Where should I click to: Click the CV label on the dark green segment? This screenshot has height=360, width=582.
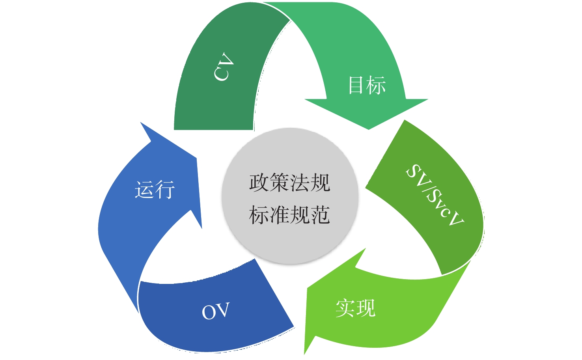[x=224, y=67]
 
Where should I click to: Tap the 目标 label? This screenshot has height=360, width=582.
[x=367, y=85]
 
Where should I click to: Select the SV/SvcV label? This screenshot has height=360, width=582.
[x=435, y=195]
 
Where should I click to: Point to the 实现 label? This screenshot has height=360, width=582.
[x=356, y=308]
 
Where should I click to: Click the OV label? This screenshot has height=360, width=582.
[x=216, y=311]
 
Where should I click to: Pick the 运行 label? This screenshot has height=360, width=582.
[x=155, y=190]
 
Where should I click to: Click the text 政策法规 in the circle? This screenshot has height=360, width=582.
[x=290, y=183]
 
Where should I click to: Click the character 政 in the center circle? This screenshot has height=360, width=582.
[x=259, y=183]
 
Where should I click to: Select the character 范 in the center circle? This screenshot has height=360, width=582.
[x=321, y=215]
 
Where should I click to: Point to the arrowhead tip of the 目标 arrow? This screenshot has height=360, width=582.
[x=368, y=129]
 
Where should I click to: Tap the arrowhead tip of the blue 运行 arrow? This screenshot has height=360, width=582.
[x=140, y=122]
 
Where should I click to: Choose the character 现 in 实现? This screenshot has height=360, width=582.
[x=366, y=308]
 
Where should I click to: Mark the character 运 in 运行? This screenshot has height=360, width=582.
[x=144, y=190]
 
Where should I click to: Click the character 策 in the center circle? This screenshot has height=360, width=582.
[x=280, y=183]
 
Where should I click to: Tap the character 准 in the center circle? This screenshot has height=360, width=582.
[x=280, y=215]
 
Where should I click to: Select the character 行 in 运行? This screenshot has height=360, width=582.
[x=165, y=190]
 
